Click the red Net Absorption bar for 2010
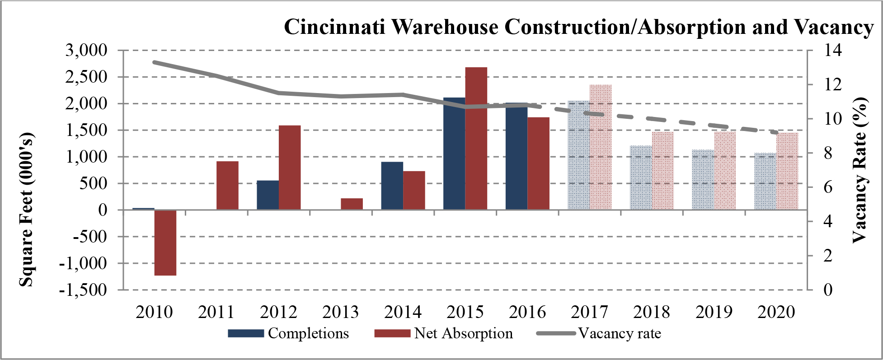[x=165, y=243]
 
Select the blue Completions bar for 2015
[x=454, y=154]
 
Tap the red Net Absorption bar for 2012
[x=290, y=168]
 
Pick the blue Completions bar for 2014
[x=392, y=186]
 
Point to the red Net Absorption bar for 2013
[x=352, y=204]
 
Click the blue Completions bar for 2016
[x=517, y=156]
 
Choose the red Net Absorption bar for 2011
[x=227, y=186]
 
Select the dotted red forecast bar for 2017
[x=601, y=147]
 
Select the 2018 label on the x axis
[x=652, y=312]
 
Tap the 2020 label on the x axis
[x=776, y=312]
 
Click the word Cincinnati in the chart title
[x=334, y=27]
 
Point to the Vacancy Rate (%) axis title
[x=860, y=170]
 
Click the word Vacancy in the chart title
[x=834, y=27]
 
